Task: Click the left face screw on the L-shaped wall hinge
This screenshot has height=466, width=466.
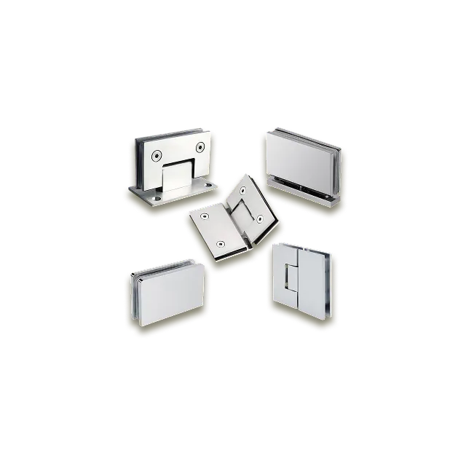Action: click(155, 155)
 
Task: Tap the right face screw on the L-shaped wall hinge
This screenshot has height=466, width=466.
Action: click(199, 148)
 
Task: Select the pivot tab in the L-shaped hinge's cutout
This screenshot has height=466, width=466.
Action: click(177, 178)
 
